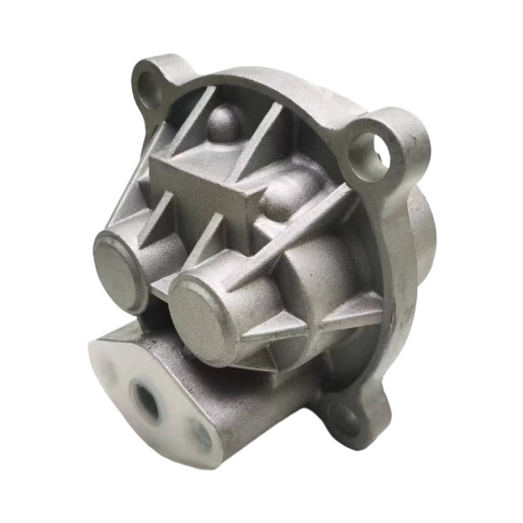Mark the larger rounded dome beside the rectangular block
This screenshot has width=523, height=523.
[x=289, y=192]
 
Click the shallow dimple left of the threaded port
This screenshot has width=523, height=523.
[x=105, y=370]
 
